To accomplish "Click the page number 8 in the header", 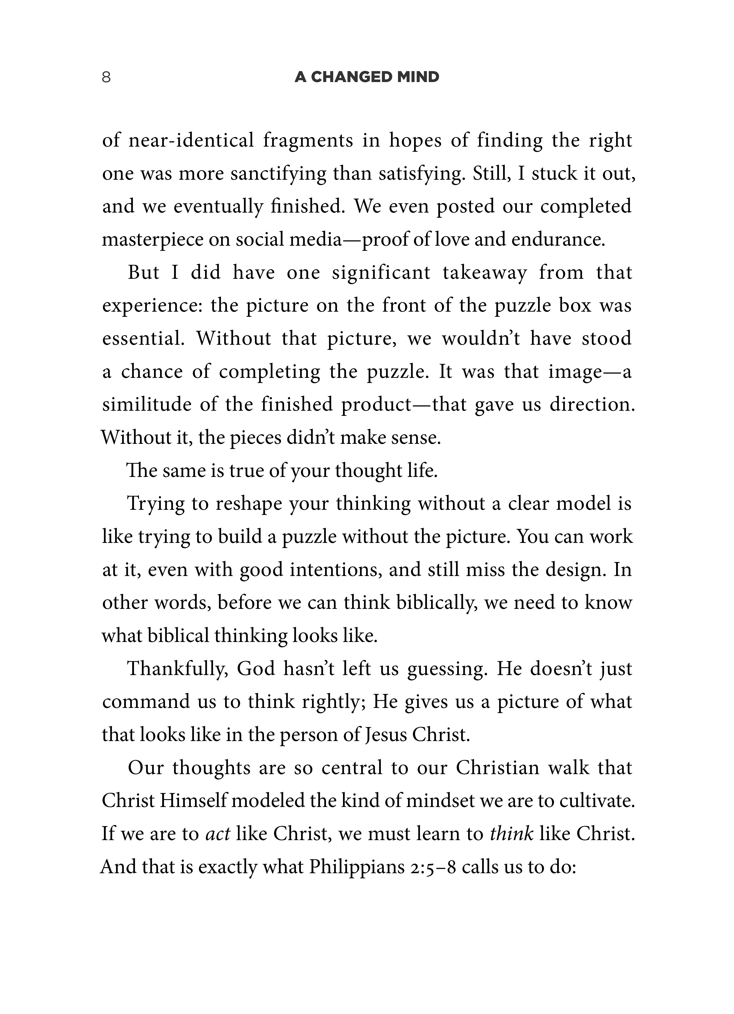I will [x=106, y=77].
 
